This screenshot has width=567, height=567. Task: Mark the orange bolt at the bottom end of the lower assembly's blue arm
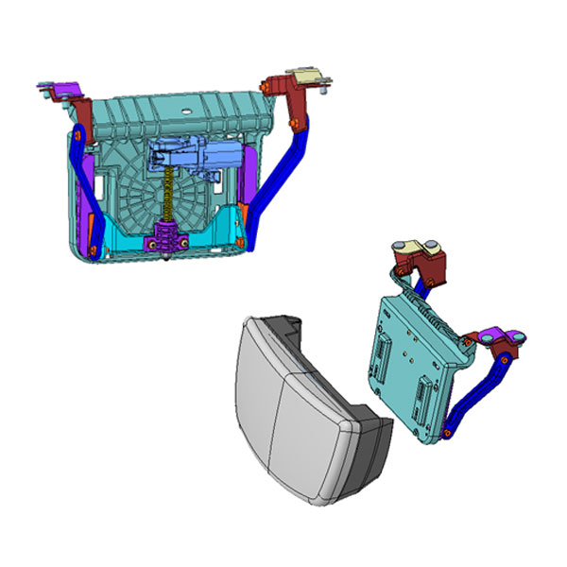(x=444, y=434)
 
